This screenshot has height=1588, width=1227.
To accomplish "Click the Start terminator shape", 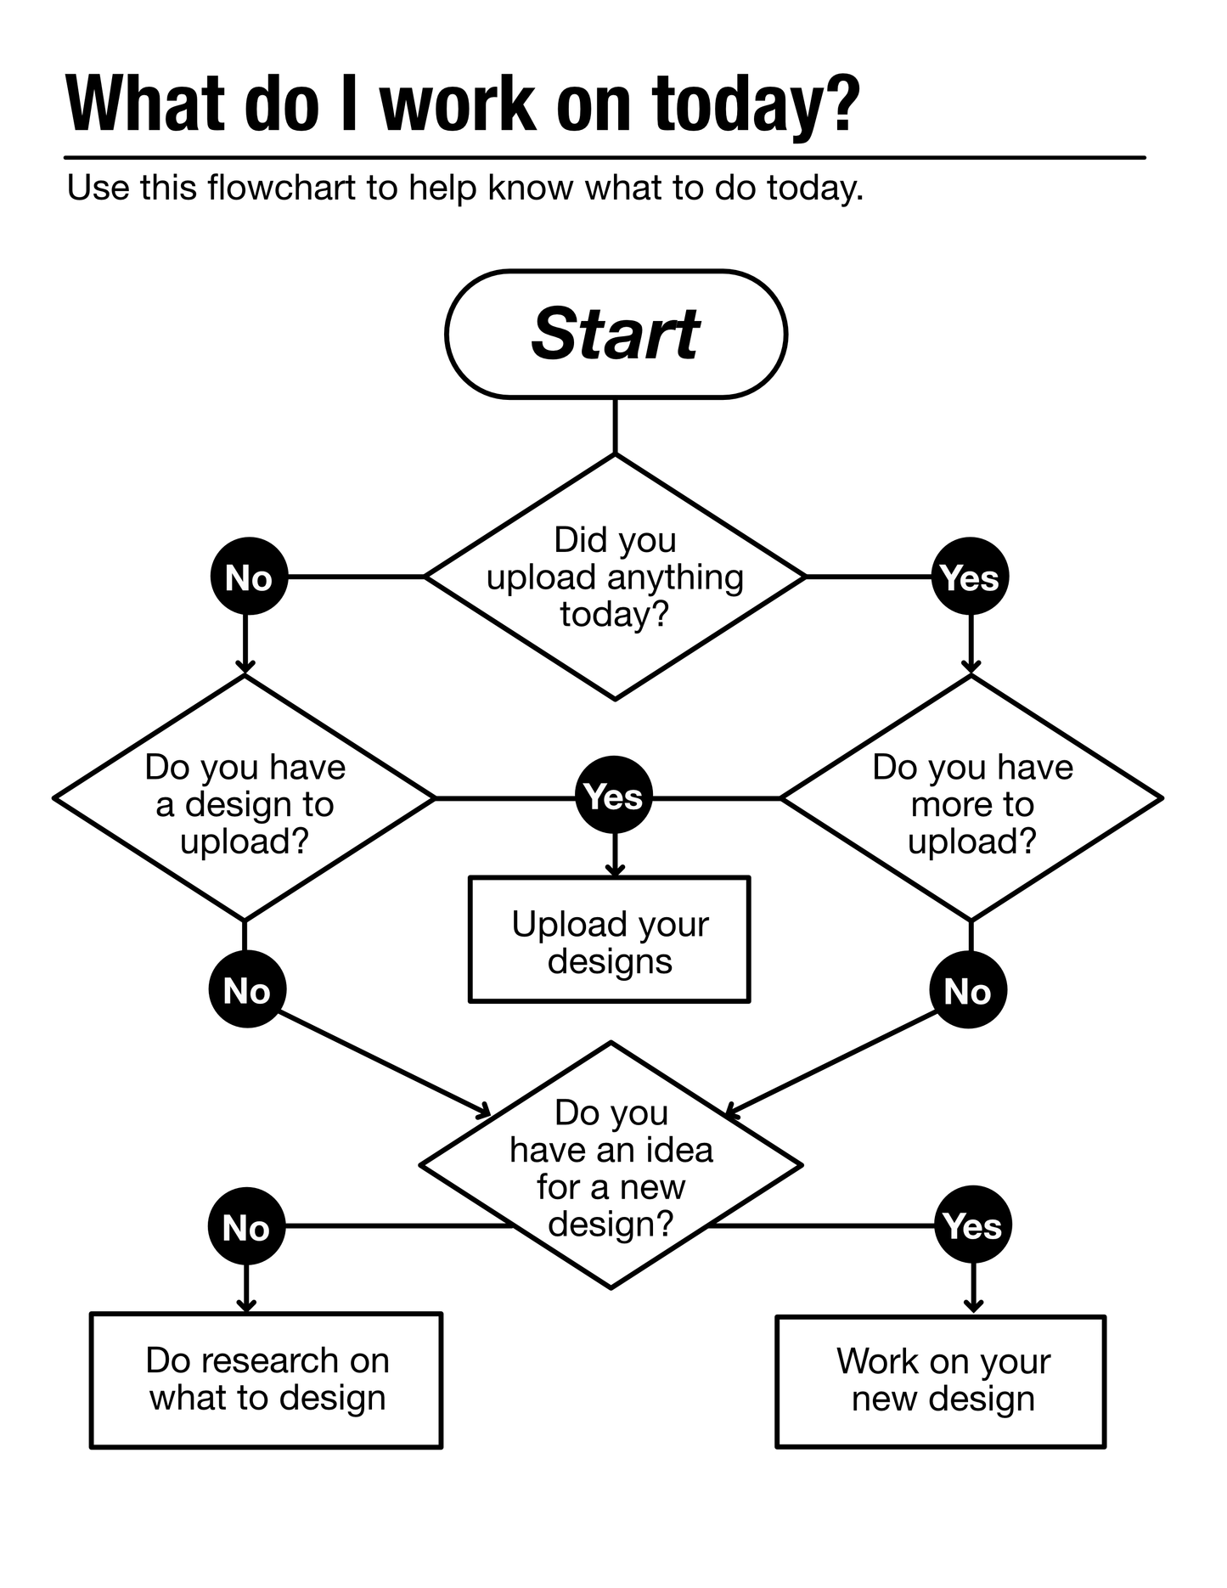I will coord(616,334).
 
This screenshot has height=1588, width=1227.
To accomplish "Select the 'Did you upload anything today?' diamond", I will coord(615,577).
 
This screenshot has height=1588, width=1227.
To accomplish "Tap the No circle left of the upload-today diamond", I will coord(248,577).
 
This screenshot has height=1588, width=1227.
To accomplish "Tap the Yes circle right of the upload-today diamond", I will coord(970,577).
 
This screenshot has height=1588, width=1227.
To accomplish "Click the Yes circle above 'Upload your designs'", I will coord(614,796).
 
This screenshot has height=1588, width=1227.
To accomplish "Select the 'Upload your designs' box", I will coord(610,940).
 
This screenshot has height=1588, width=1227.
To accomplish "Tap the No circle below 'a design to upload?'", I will coord(247,989).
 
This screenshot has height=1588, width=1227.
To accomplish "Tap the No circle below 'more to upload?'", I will coord(968,990).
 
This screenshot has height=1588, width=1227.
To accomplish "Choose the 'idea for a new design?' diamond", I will coord(611,1165).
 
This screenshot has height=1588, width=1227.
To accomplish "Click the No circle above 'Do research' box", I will coord(246,1226).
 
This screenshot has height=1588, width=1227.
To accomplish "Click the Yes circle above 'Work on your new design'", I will coord(973,1225).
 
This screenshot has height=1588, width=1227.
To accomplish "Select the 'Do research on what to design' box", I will coord(267,1380).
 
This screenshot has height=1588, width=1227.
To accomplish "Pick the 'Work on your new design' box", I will coord(941,1381).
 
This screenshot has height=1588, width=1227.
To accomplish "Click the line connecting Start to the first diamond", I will coord(615,426).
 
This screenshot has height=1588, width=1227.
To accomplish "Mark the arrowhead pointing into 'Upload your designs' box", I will coord(616,870).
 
